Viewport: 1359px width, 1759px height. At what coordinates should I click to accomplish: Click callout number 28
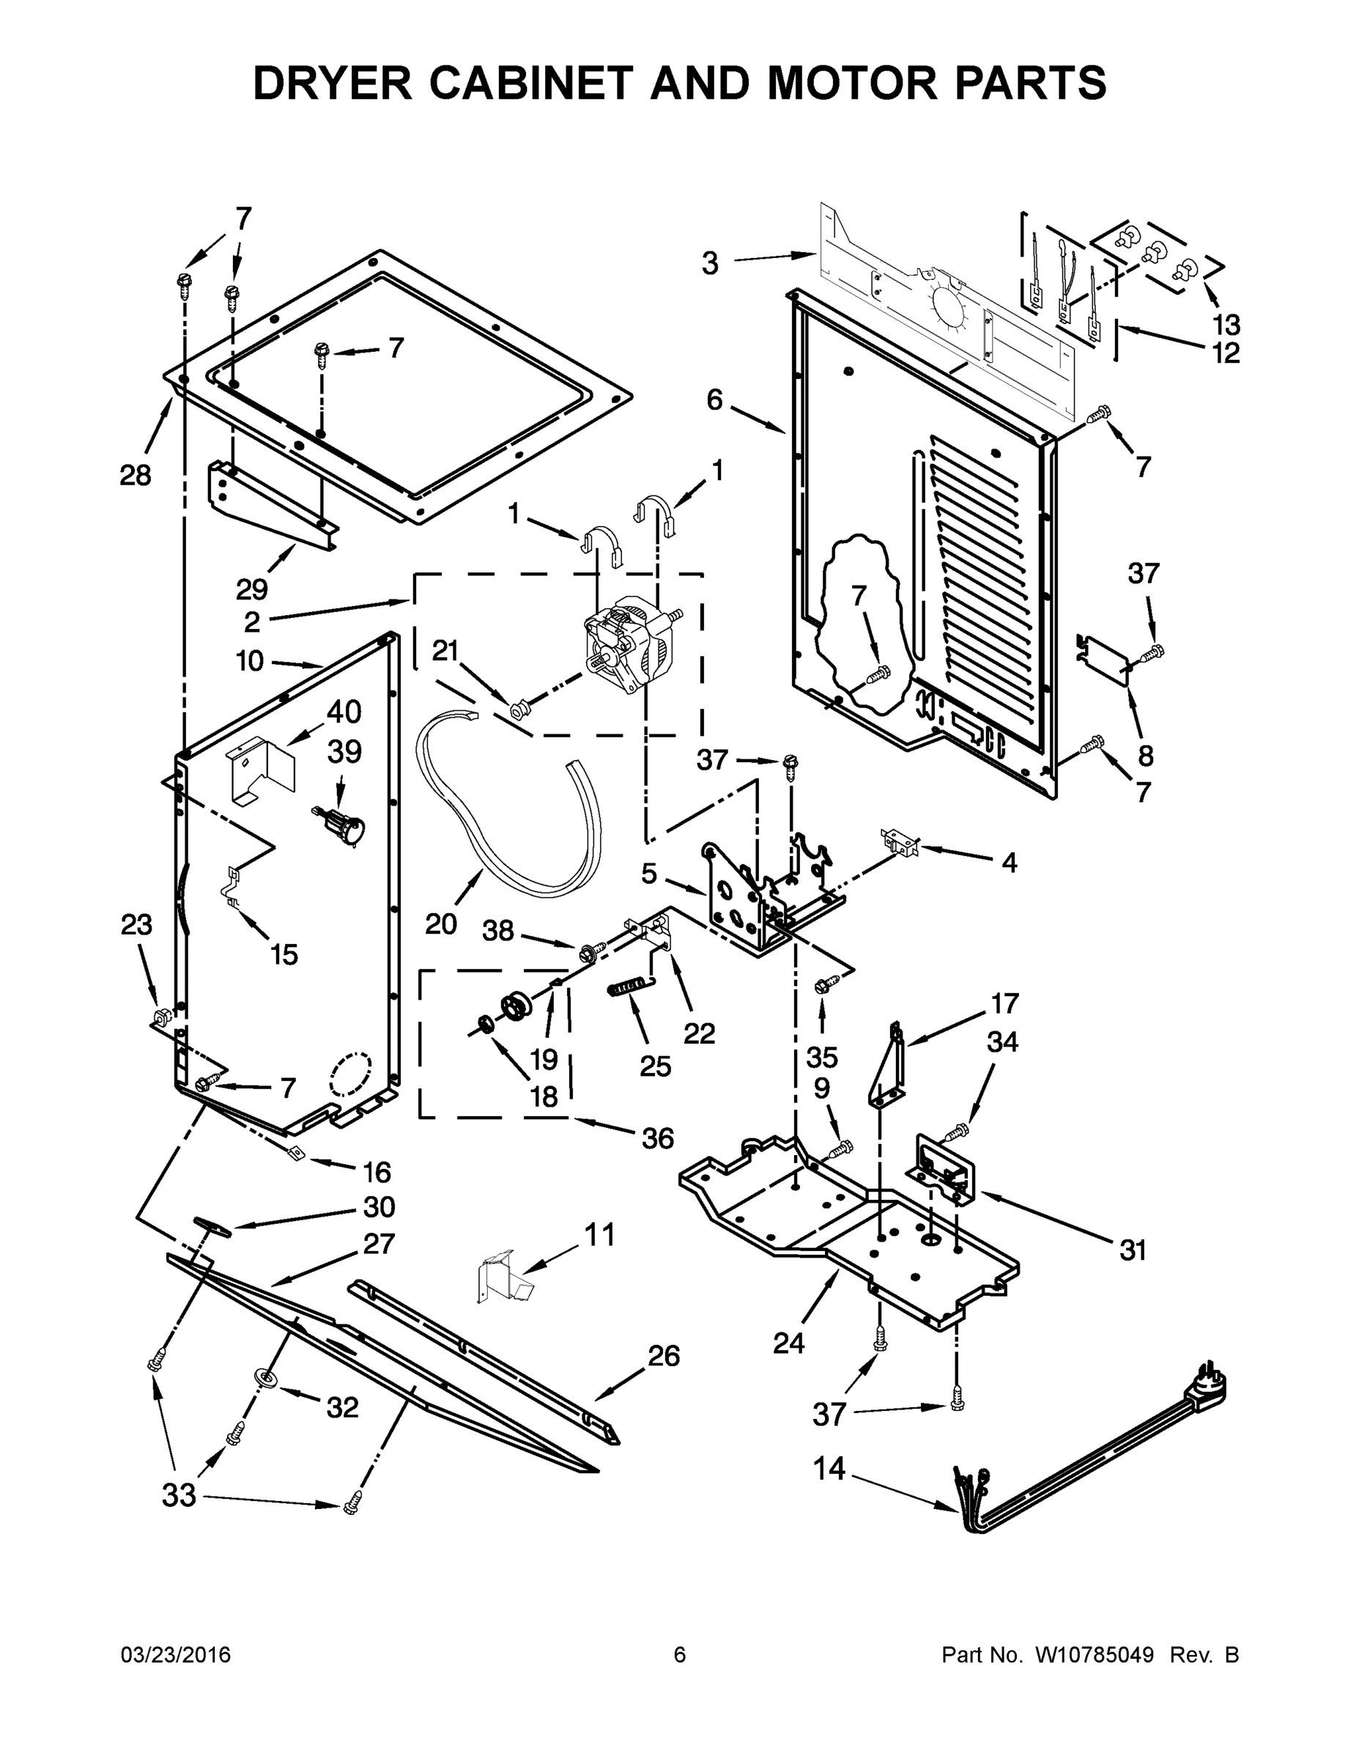tap(136, 475)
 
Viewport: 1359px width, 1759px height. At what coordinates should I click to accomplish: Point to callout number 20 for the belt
tap(440, 923)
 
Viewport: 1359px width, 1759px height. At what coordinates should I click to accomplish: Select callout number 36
tap(658, 1138)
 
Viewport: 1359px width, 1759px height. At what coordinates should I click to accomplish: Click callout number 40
tap(344, 712)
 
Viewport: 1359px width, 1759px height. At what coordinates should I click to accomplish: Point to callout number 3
tap(709, 263)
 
